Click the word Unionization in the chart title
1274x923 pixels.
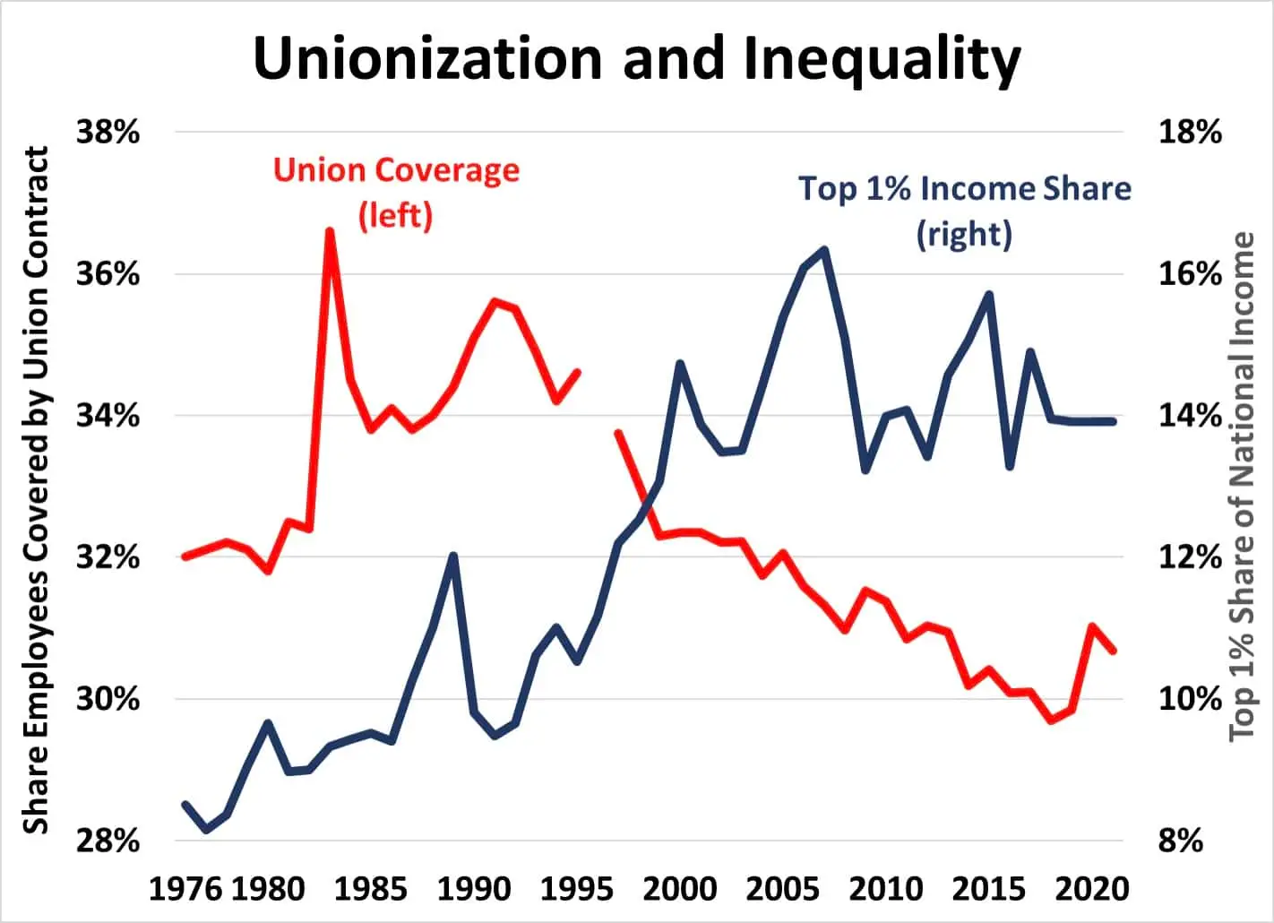pos(428,59)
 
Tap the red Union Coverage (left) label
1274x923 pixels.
pos(396,192)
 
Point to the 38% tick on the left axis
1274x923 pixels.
pos(108,133)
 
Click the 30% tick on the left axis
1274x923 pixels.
pos(108,699)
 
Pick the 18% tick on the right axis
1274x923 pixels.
pos(1190,133)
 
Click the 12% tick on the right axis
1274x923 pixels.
pos(1190,557)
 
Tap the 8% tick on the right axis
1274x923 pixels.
pos(1181,841)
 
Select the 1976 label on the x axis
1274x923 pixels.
pos(185,889)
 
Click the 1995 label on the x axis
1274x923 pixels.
pos(577,889)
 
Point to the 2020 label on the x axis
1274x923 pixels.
pos(1091,889)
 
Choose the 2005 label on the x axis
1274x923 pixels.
pos(782,889)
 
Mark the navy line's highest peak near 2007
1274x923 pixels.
pos(823,250)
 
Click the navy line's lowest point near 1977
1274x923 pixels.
pos(207,830)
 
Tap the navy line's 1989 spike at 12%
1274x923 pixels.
pos(453,556)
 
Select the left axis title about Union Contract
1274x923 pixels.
pos(36,490)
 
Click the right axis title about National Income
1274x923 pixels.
pos(1242,487)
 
